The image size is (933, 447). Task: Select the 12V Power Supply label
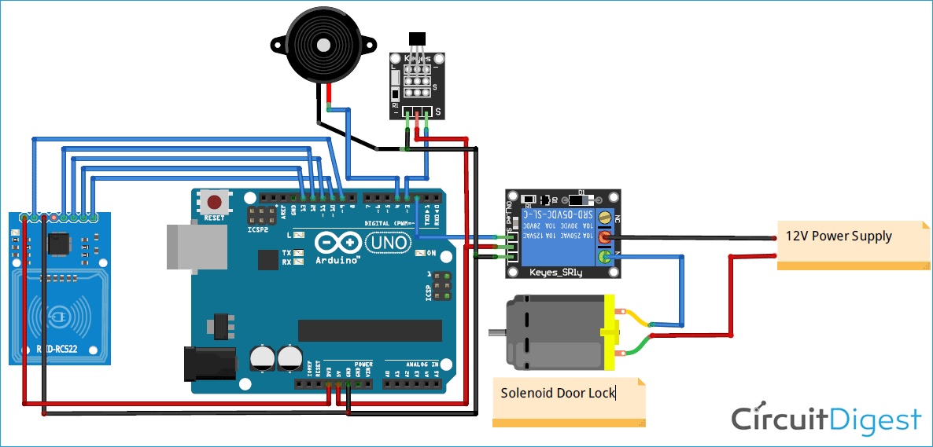839,236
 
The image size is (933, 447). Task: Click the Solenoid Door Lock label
559,392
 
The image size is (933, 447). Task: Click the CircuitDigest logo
826,420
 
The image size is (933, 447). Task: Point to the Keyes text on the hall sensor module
417,59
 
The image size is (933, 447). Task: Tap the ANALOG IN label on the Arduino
422,365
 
